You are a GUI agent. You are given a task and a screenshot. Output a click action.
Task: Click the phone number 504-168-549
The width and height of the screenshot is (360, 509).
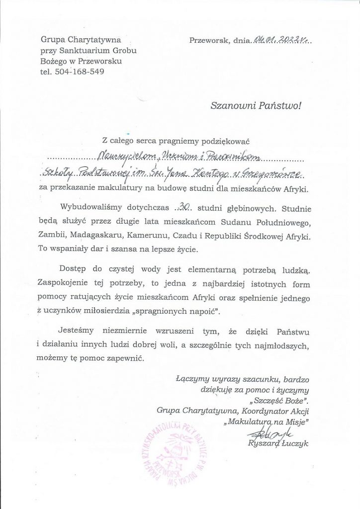(80, 71)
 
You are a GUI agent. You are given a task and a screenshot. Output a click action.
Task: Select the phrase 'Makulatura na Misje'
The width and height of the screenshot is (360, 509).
(267, 422)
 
